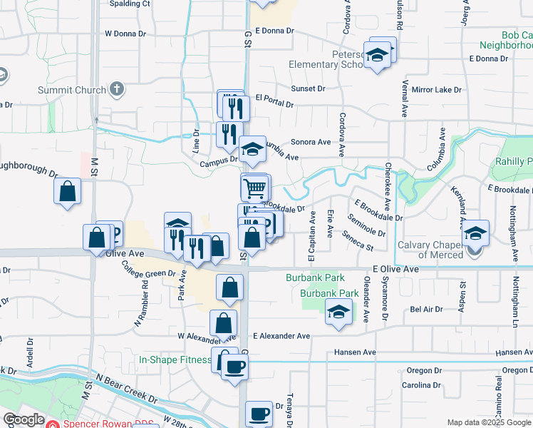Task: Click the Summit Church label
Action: (71, 91)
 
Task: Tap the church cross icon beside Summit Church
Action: (117, 90)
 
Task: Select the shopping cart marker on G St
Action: (255, 188)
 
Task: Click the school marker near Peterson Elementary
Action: (378, 54)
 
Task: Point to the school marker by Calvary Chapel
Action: (475, 233)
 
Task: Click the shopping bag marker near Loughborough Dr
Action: (67, 191)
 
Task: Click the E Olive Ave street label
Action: (395, 270)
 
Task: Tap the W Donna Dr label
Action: (129, 33)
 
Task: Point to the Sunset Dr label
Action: (307, 89)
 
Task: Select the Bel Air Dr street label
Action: (426, 310)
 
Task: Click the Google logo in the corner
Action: (23, 419)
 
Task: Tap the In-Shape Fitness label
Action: (175, 360)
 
